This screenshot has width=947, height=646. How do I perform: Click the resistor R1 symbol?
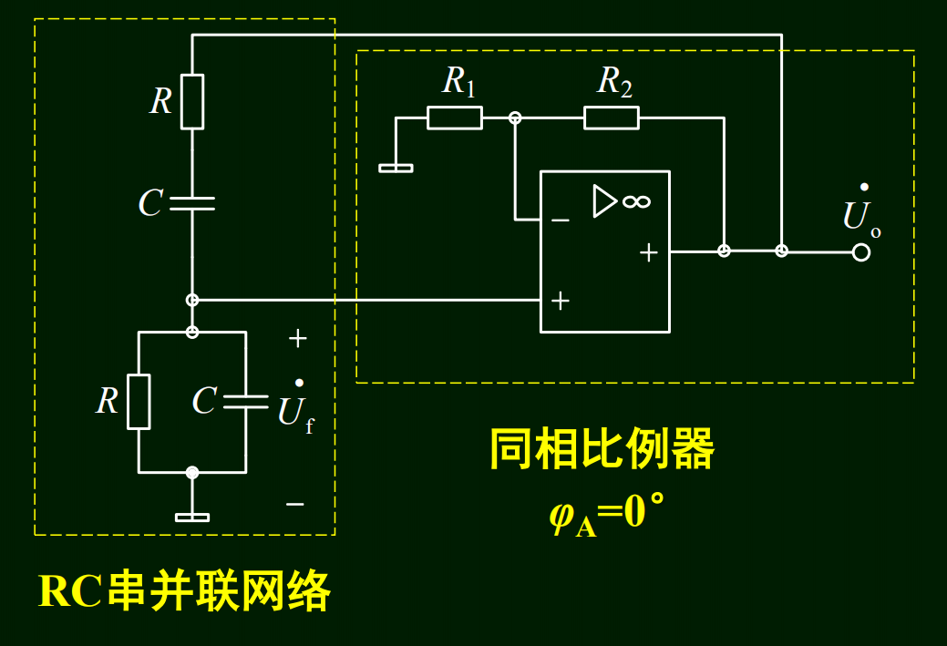click(455, 118)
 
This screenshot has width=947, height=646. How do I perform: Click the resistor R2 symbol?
click(611, 118)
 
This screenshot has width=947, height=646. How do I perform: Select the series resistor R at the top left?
click(192, 101)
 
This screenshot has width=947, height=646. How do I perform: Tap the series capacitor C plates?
click(192, 203)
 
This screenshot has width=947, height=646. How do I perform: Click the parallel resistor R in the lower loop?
click(139, 401)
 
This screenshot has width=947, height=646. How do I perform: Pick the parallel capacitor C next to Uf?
click(245, 402)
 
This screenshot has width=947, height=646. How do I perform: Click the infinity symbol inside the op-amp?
click(636, 201)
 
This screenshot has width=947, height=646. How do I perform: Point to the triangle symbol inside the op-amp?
click(604, 201)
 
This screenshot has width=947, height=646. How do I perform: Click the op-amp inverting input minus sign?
click(560, 220)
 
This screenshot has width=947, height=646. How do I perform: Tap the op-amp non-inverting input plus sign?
click(560, 300)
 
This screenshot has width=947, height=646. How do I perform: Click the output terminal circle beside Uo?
click(860, 251)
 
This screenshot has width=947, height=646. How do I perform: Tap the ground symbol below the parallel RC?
click(192, 517)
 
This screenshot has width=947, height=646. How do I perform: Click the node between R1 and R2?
click(515, 118)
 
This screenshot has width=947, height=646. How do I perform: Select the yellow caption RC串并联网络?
click(184, 592)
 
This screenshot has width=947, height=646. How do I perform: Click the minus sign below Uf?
click(294, 503)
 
